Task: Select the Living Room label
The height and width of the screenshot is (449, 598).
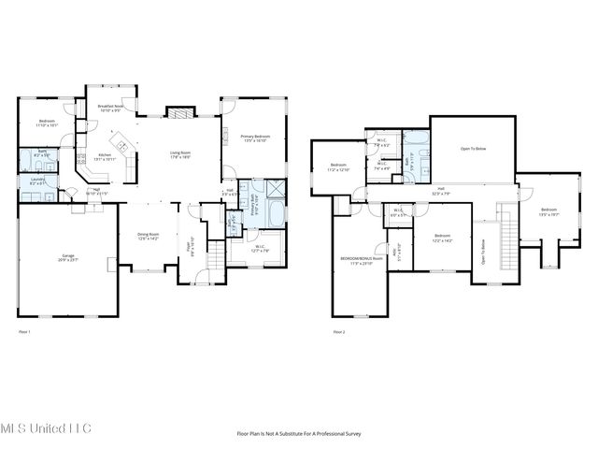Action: pos(179,154)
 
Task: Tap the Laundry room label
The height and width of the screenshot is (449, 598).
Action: pos(38,181)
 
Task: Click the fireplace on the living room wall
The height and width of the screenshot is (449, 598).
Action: pos(179,112)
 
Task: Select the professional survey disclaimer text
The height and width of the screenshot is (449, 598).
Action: pos(299,434)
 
